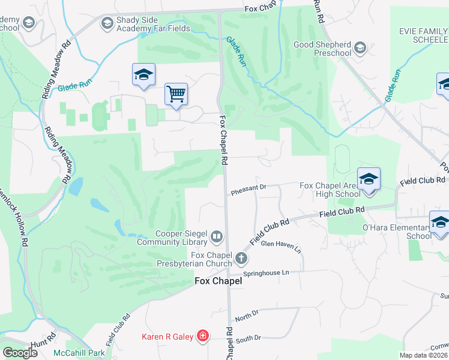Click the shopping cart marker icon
pos(176,94)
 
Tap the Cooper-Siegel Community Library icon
pos(217,238)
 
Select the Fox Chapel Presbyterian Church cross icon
pos(241,259)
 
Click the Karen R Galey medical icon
pos(203,336)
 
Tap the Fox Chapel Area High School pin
pos(368,179)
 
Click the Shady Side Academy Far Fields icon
pos(107,23)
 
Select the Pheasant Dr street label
pos(248,190)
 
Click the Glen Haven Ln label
pos(280,244)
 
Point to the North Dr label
pos(246,316)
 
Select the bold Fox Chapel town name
pos(218,281)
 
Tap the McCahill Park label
pos(79,352)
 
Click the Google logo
pos(20,352)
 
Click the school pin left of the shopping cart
pos(143,74)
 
